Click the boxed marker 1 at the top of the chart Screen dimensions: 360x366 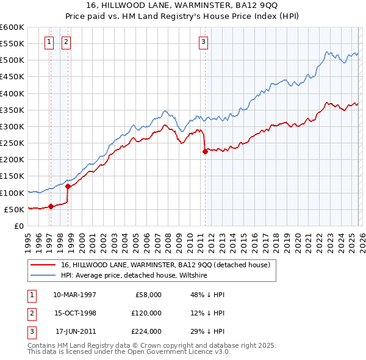[x=49, y=42]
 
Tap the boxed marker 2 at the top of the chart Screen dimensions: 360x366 [x=66, y=42]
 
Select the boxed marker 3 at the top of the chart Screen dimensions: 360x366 [x=203, y=42]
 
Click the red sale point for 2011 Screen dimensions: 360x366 [x=205, y=152]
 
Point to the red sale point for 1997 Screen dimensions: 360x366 [x=51, y=206]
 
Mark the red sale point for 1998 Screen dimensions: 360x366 [x=68, y=186]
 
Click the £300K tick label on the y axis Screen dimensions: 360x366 [x=12, y=126]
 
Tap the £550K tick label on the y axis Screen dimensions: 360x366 [x=12, y=44]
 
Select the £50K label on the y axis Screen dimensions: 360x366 [x=14, y=209]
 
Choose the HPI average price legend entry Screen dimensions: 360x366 [x=134, y=276]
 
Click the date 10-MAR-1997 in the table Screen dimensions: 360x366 [x=74, y=294]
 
